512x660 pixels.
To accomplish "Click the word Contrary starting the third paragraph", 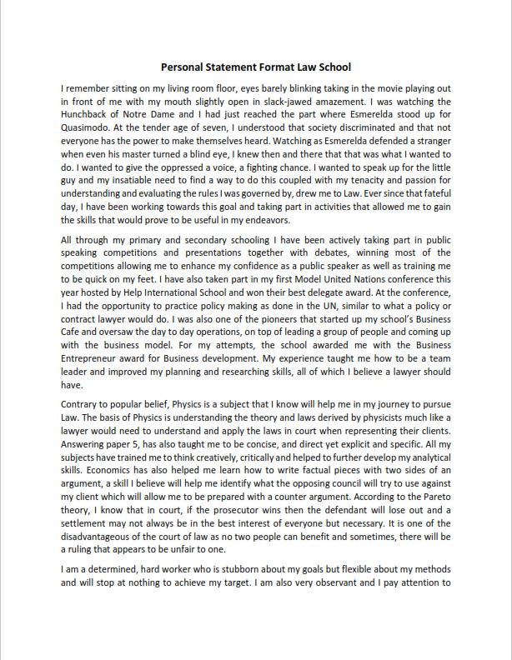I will point(83,404).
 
